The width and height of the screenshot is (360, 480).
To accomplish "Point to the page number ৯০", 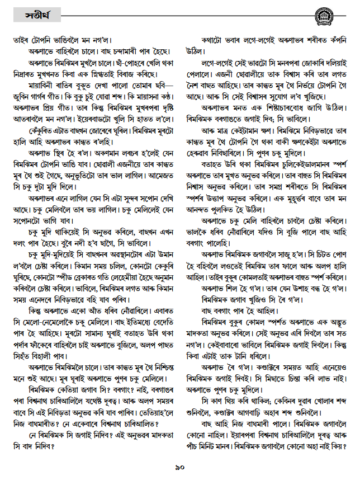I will [179, 467].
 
